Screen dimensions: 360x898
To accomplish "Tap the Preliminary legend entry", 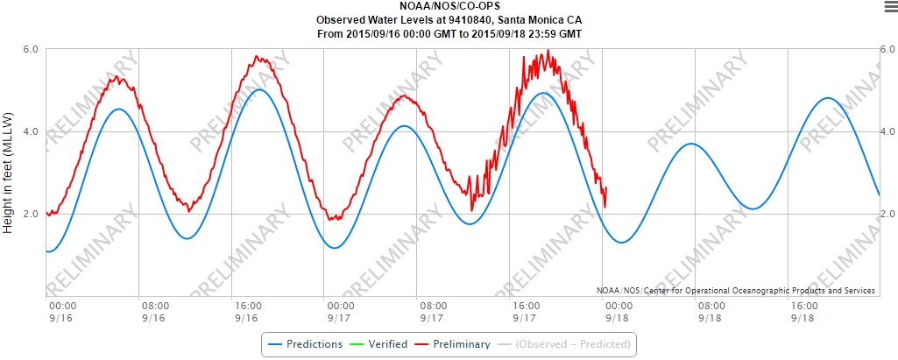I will tap(456, 344).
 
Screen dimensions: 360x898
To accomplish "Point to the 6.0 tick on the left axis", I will tap(30, 50).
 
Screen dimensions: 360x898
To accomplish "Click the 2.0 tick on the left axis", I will tap(30, 215).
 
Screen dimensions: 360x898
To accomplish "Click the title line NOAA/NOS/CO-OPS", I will tap(449, 7).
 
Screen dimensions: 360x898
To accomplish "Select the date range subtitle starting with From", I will tap(449, 33).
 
